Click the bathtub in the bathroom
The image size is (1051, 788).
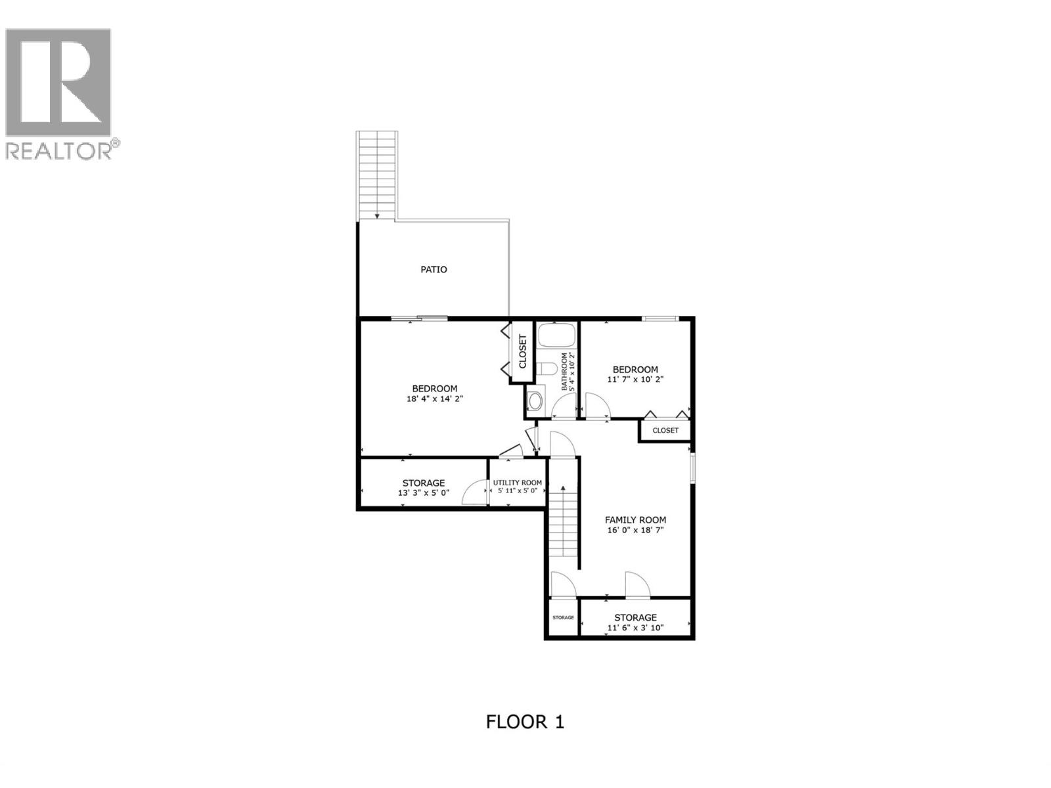pos(556,336)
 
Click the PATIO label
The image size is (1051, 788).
pos(434,269)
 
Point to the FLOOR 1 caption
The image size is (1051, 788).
pos(525,722)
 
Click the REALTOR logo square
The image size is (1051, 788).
pos(58,83)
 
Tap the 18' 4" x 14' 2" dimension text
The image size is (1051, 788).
pos(435,399)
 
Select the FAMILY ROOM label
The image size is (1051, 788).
pos(635,519)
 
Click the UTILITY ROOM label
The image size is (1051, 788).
pos(518,483)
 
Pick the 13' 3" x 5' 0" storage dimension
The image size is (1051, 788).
pos(424,492)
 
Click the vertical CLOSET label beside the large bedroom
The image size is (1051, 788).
pos(523,351)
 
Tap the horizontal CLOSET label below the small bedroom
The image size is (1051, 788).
pos(665,431)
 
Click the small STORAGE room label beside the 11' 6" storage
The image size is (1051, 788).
pos(563,618)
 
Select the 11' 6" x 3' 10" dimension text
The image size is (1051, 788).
pos(635,628)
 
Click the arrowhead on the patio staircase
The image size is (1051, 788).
pos(377,215)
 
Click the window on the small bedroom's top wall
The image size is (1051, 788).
pos(659,319)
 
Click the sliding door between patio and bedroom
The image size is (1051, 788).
pos(419,319)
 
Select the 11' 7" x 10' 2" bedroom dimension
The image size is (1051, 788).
pos(635,379)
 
